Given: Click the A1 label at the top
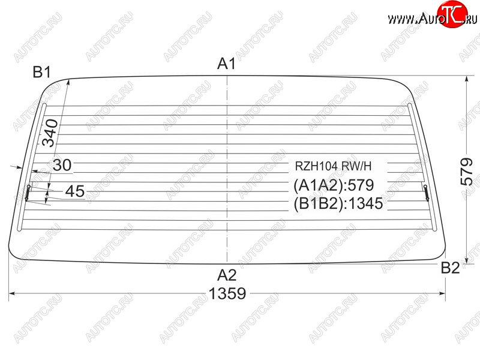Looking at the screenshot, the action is coord(227,64).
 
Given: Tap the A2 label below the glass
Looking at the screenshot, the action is coord(227,275).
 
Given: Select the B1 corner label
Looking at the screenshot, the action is coord(41,72).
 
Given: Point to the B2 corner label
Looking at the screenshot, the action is coord(450,268).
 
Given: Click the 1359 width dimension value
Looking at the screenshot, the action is coord(227,293).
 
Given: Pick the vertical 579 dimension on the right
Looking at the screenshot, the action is coord(466,172).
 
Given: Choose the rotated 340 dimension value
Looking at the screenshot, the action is coord(50,133).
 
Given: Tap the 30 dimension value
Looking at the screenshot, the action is coord(62,166).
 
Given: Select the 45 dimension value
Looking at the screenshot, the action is coord(75,191).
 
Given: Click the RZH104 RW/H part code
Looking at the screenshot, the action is coord(333,166).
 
